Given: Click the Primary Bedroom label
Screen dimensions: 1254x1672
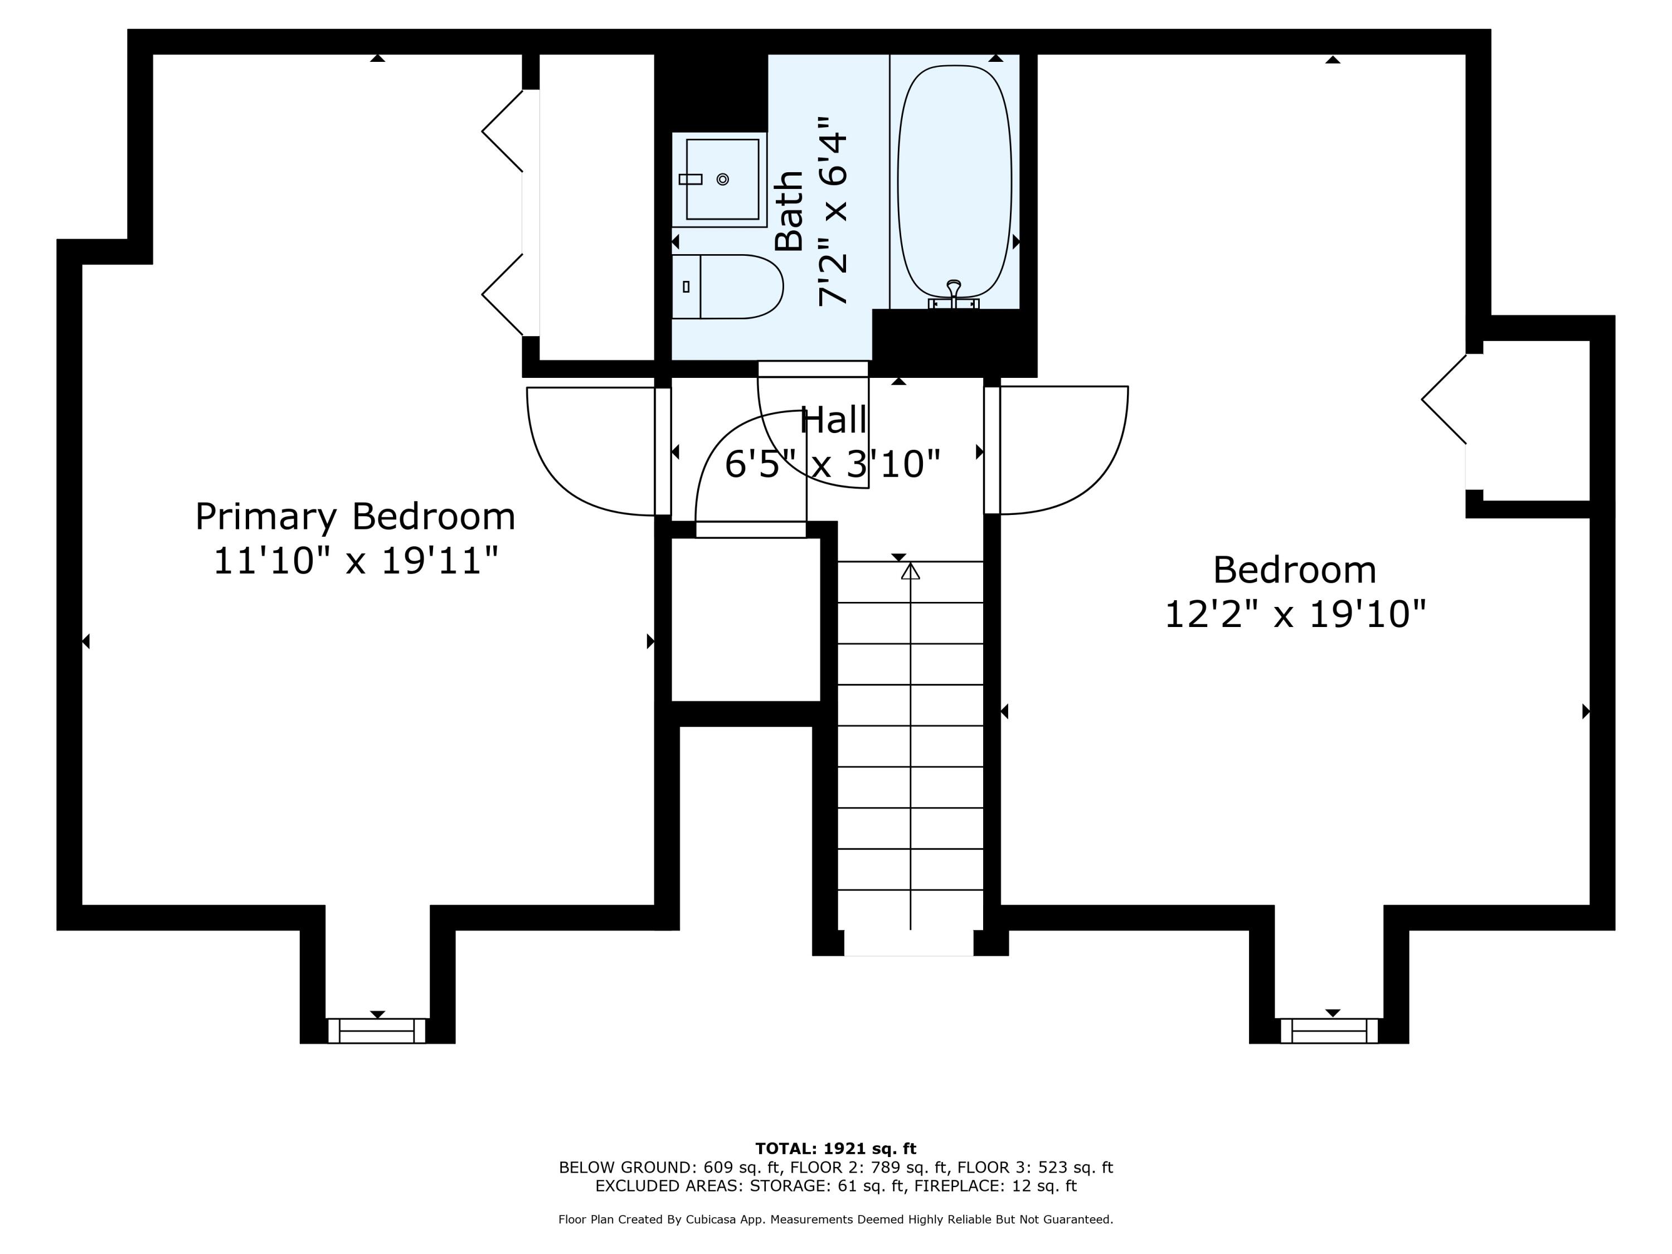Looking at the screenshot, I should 355,517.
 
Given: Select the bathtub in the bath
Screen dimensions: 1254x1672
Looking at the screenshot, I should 954,181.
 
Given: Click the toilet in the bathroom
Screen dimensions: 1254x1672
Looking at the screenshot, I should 727,286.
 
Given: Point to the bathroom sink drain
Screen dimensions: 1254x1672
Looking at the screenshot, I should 723,179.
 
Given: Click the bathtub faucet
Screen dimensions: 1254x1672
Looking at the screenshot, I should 954,291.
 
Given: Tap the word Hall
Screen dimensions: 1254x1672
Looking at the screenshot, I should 833,420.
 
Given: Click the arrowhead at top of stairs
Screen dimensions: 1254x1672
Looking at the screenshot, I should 910,572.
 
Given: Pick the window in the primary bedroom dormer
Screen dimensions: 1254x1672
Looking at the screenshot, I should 377,1031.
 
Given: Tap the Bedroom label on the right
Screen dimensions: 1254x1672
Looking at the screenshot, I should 1294,570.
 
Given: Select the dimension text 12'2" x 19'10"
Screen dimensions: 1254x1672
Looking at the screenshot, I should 1294,614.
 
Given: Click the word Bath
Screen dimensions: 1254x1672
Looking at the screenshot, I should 789,210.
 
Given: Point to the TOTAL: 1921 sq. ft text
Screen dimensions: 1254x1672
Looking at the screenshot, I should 835,1149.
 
